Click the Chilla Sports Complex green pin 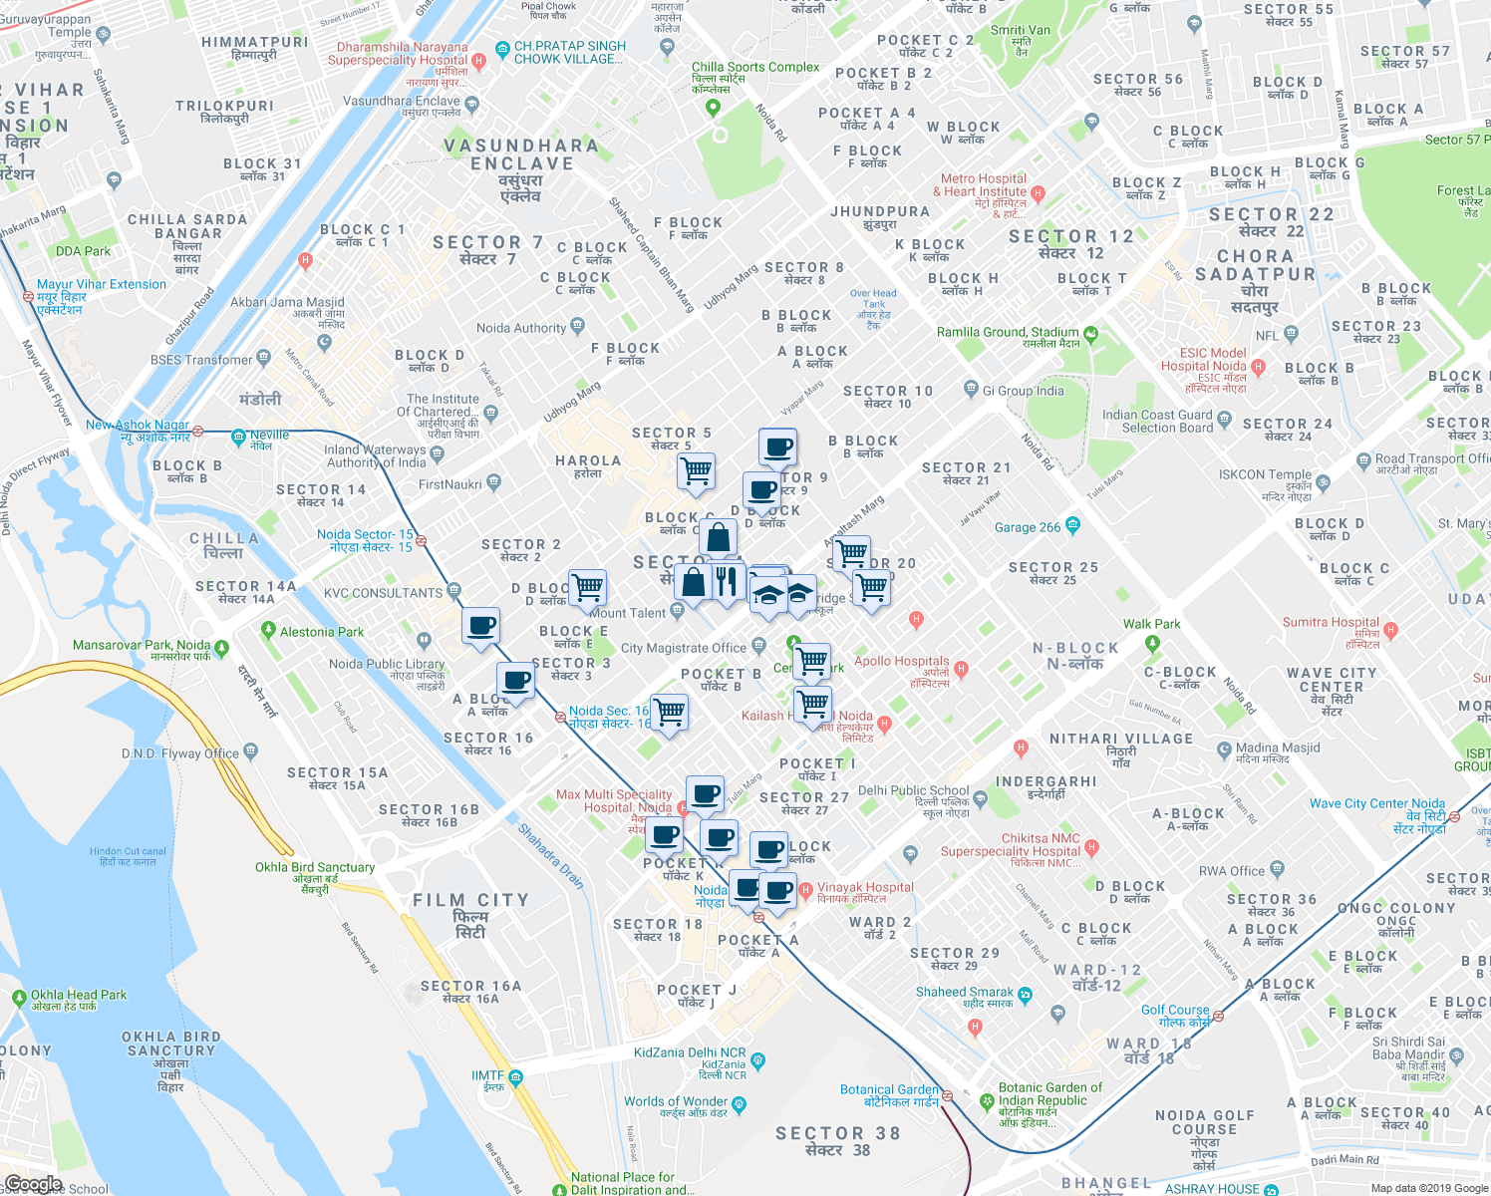[x=713, y=108]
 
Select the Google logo [x=33, y=1184]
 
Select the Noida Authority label [x=521, y=328]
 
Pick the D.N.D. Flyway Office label [x=180, y=753]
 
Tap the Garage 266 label [x=1028, y=527]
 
